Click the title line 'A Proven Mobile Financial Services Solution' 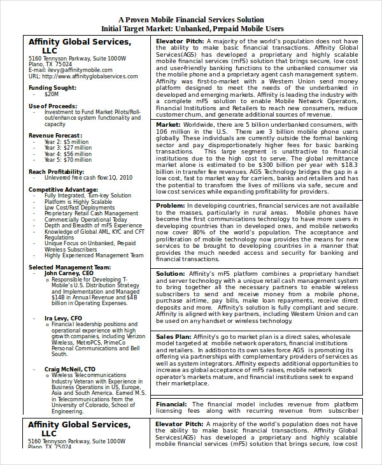click(191, 20)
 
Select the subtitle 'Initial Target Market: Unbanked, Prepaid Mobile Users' click(191, 29)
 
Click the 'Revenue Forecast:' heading click(55, 136)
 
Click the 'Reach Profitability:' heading click(58, 172)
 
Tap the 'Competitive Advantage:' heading click(63, 190)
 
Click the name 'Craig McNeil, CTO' click(70, 369)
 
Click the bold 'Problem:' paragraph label click(171, 206)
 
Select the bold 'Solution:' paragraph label click(171, 274)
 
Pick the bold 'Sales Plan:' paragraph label click(174, 336)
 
